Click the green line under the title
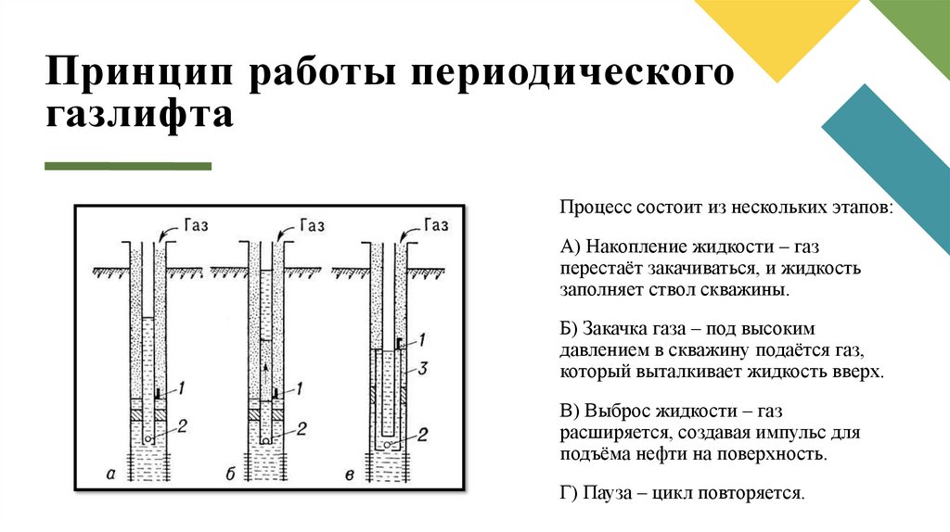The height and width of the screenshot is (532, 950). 128,167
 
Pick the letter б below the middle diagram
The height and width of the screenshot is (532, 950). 230,475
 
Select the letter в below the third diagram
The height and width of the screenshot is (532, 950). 349,475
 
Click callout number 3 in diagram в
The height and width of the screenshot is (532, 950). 421,370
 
